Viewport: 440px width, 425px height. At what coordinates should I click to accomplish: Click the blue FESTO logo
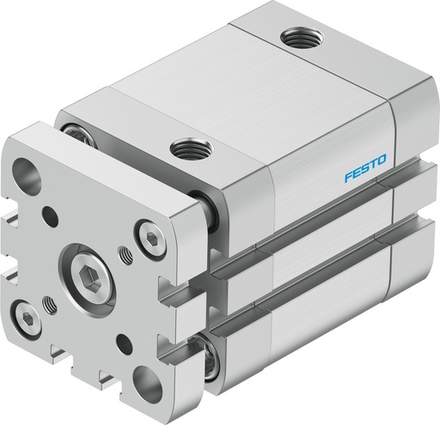pyautogui.click(x=364, y=158)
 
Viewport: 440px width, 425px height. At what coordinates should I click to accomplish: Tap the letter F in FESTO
pyautogui.click(x=345, y=163)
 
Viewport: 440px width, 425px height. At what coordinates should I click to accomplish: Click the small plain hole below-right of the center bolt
pyautogui.click(x=128, y=343)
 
